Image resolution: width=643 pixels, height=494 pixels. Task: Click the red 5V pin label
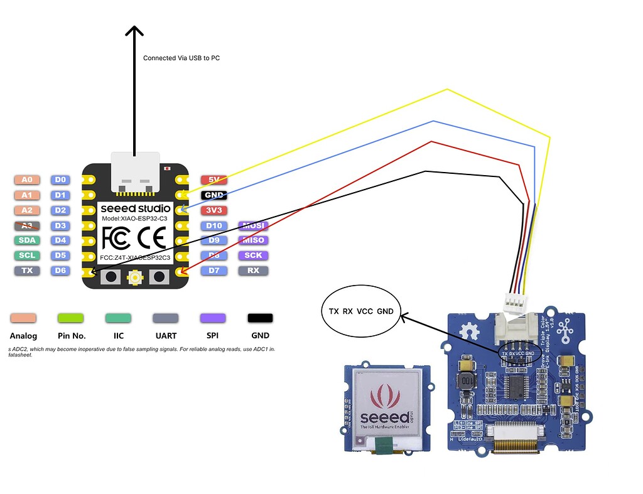coord(214,180)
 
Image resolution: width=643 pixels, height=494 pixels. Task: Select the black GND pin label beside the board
coord(214,195)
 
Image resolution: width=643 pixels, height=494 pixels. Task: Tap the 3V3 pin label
coord(214,210)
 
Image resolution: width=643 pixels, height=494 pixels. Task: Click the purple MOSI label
coord(253,225)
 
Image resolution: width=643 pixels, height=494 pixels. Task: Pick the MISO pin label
coord(253,240)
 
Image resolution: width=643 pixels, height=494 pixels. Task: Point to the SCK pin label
coord(253,255)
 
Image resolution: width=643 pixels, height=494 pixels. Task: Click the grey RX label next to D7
coord(253,271)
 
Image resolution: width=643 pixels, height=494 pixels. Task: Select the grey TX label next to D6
coord(27,271)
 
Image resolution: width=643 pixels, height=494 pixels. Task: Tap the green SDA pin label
coord(27,240)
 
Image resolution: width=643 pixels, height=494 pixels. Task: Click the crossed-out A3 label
coord(27,225)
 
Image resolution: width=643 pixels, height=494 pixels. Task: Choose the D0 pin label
coord(60,180)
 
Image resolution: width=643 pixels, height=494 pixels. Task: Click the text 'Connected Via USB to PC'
coord(181,58)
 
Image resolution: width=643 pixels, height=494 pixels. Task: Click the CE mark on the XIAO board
coord(151,237)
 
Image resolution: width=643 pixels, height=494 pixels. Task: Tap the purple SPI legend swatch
coord(213,318)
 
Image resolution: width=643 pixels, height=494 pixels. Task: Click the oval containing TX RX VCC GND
coord(361,311)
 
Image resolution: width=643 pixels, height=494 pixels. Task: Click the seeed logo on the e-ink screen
coord(382,408)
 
